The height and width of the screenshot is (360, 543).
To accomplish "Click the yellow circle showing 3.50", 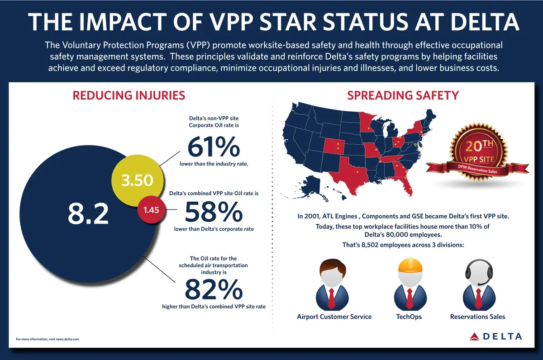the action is click(138, 180).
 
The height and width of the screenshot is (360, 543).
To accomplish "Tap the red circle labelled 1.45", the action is click(152, 209).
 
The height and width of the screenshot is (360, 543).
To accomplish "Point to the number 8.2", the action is click(88, 213).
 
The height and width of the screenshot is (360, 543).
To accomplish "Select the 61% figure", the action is click(214, 147).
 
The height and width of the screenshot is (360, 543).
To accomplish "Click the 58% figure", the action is click(214, 212).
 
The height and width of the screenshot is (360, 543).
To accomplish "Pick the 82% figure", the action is click(214, 289).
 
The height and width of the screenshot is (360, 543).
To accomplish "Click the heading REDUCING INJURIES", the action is click(129, 95).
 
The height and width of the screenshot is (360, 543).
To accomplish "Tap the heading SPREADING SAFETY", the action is click(403, 95).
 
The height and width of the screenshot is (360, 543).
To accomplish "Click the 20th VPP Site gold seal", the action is click(478, 152).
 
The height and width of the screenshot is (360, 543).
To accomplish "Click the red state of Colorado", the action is click(334, 147).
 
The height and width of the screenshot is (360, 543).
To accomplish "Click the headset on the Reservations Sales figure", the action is click(479, 272).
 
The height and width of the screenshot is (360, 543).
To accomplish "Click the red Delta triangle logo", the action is click(474, 336).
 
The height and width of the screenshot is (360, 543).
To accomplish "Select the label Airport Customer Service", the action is click(334, 317).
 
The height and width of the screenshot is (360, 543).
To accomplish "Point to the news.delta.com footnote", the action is click(48, 339).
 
